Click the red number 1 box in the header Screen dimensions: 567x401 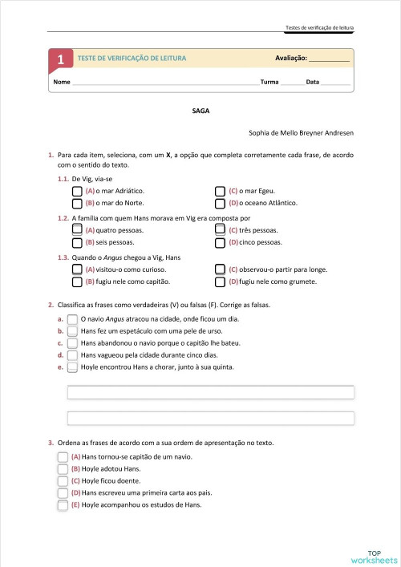click(60, 59)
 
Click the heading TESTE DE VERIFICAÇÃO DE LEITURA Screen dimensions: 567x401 click(132, 59)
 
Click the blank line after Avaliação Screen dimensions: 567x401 click(330, 59)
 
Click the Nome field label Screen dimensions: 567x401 click(61, 83)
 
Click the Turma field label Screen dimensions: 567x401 click(269, 83)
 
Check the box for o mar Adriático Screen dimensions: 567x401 click(77, 192)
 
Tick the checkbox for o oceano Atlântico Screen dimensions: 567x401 click(221, 204)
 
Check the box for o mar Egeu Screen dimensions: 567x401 click(221, 192)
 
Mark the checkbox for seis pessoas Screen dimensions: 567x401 click(77, 241)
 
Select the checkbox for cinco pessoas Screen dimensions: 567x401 click(221, 241)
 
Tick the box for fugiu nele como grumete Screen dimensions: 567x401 click(221, 281)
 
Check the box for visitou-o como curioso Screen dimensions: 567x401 click(77, 269)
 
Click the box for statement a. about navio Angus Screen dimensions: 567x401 click(72, 318)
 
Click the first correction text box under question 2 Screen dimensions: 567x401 click(211, 392)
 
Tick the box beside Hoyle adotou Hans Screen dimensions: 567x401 click(63, 468)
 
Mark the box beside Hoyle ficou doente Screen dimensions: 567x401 click(63, 480)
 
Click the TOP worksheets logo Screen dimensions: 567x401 click(374, 556)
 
